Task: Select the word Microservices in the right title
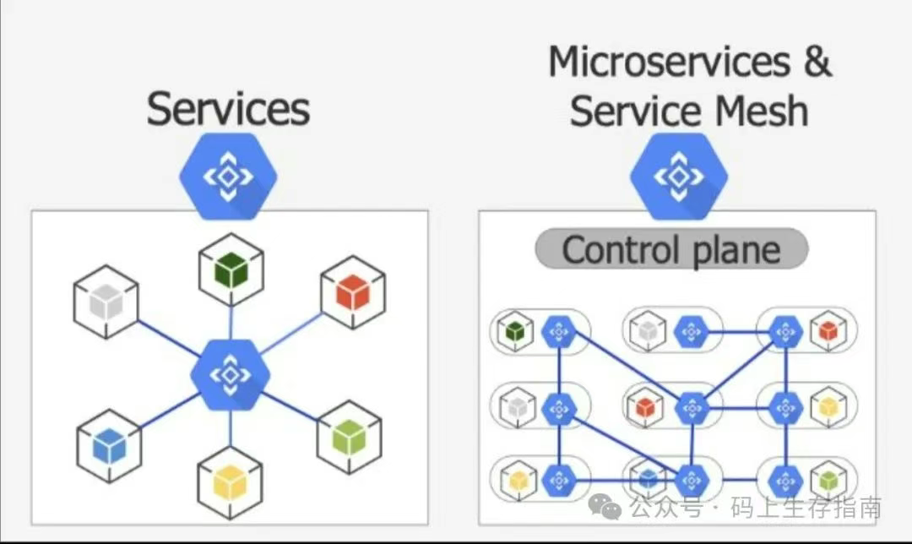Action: tap(670, 63)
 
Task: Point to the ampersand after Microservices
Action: tap(816, 63)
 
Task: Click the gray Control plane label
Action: tap(671, 251)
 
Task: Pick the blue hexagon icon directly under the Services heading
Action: tap(228, 177)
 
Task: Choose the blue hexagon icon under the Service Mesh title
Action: tap(679, 177)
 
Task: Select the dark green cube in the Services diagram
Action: tap(231, 270)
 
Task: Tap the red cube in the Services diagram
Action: tap(353, 292)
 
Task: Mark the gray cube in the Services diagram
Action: tap(106, 302)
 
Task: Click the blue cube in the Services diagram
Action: tap(109, 445)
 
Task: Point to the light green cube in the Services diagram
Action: tap(349, 437)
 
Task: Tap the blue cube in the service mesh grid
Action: tap(648, 479)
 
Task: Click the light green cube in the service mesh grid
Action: tap(828, 481)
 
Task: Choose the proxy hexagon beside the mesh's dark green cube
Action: tap(558, 332)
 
